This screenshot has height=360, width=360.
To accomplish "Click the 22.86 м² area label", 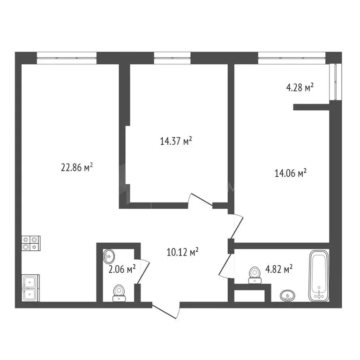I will point(77,167).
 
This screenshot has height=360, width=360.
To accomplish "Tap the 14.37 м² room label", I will point(176,141).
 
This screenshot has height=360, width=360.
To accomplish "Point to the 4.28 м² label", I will point(300,87).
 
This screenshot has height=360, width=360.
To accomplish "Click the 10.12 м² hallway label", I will point(183,253).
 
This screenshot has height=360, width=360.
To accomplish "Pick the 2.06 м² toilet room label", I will point(122,269).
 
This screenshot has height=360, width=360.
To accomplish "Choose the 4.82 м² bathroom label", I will point(279,269).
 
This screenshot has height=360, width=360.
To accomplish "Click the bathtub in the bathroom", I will point(319,277).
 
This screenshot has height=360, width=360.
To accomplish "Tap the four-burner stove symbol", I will point(31,242).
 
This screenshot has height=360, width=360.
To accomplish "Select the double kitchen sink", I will point(31,288).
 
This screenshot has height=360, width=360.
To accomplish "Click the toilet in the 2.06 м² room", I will point(119,292).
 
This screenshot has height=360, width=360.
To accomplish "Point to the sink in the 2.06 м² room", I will point(109,256).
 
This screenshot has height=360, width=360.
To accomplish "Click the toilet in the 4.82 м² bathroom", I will point(255,275).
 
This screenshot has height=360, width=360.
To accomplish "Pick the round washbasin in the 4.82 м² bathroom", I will point(287,296).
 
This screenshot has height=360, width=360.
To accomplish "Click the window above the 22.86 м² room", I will point(66,58).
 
